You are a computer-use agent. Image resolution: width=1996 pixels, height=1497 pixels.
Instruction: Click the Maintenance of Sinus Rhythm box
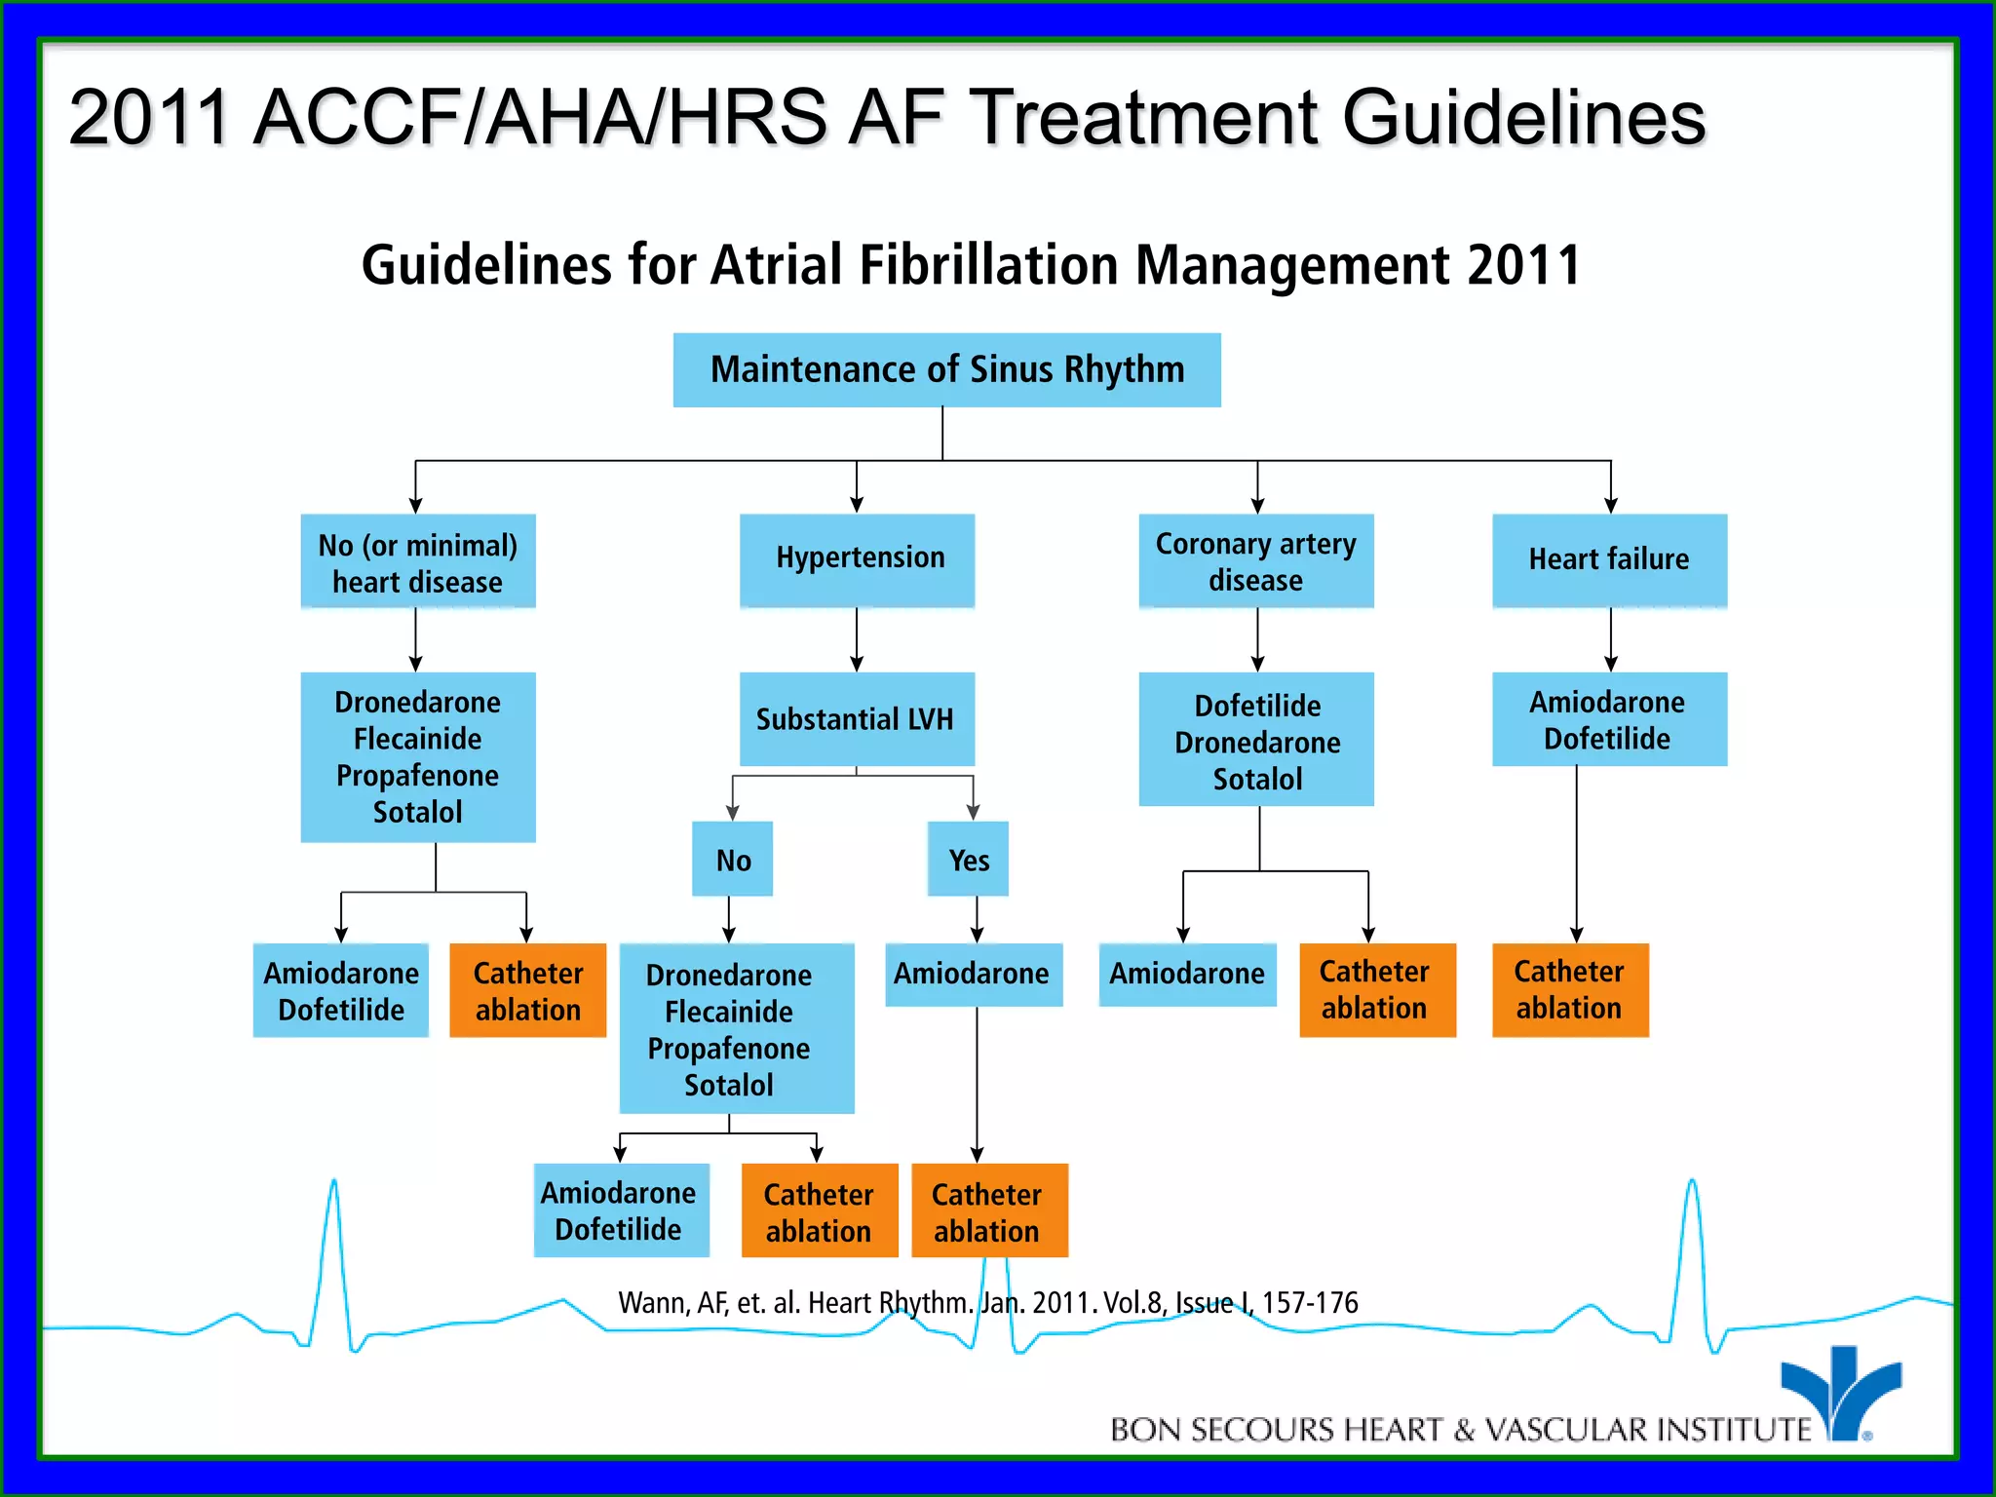946,370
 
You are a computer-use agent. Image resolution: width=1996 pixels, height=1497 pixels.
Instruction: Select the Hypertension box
857,559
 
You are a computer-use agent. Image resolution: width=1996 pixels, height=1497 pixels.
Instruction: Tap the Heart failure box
1609,559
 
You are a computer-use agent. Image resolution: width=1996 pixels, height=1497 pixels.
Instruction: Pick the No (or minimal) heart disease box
417,561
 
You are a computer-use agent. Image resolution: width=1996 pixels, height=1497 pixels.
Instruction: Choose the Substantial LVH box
857,719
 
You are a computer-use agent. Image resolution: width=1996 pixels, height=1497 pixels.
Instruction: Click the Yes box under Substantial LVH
968,859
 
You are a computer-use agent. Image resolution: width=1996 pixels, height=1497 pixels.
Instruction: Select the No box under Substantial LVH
733,859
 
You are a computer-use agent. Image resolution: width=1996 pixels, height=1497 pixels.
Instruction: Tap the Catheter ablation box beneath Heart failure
1570,989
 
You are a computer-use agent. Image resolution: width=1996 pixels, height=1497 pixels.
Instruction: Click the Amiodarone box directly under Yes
973,974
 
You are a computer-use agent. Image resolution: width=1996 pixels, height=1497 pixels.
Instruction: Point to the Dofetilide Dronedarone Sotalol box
1256,740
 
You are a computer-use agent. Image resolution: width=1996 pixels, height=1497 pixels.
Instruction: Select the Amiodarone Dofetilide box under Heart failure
1609,719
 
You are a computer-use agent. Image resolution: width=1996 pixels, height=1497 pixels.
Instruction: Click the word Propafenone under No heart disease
417,776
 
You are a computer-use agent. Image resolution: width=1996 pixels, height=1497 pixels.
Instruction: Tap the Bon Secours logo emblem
1840,1389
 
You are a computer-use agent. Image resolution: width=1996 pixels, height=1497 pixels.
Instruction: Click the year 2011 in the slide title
148,118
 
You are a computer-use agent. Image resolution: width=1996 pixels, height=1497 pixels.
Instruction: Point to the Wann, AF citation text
987,1303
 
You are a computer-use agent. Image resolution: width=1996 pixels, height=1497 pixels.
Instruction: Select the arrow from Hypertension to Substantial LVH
857,639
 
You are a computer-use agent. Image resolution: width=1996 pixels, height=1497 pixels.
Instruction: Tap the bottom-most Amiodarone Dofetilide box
620,1210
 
